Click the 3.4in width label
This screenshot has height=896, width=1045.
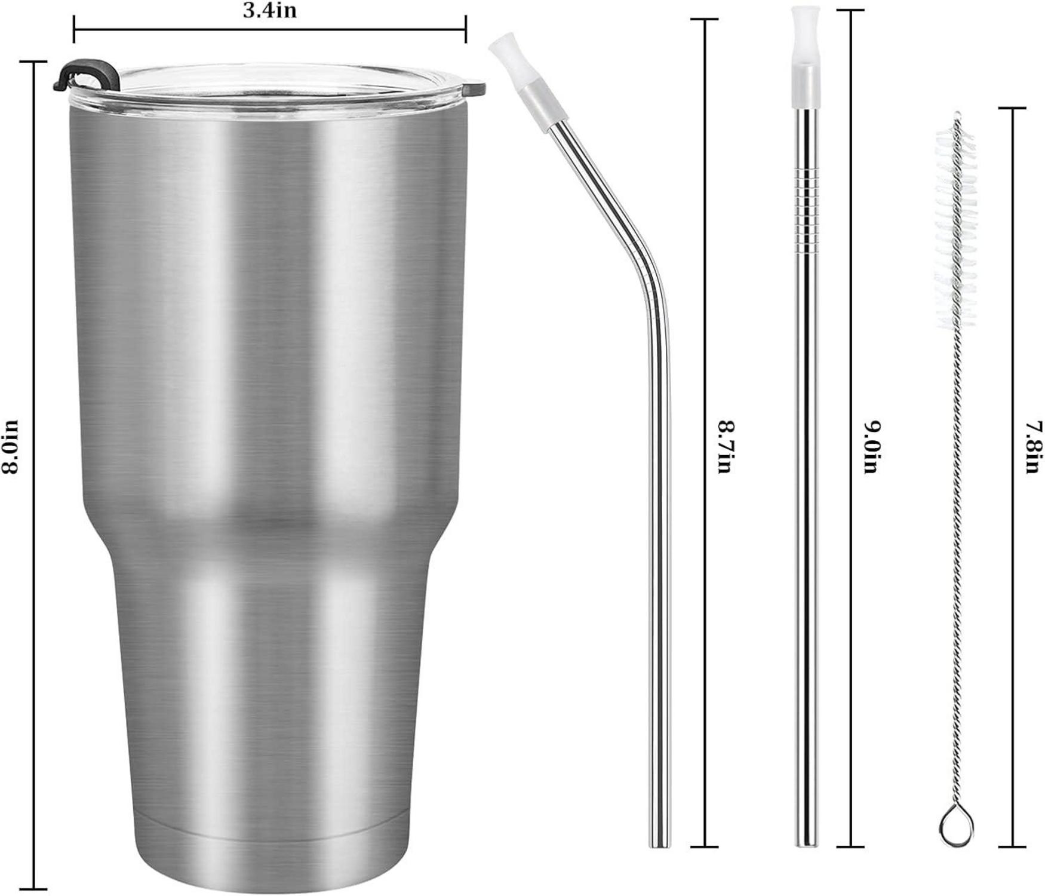click(x=269, y=11)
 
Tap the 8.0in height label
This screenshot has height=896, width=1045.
click(x=11, y=447)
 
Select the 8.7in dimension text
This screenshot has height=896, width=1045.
click(x=724, y=447)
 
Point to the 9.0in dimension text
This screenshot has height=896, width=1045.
click(x=871, y=447)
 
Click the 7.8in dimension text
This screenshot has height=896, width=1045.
click(x=1034, y=447)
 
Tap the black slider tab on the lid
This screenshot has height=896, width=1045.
click(x=84, y=72)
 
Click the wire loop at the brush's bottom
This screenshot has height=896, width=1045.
click(x=956, y=828)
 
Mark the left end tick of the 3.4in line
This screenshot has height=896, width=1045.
click(x=74, y=28)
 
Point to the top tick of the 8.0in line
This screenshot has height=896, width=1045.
click(x=33, y=62)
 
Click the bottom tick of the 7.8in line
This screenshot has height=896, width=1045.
click(x=1013, y=846)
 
